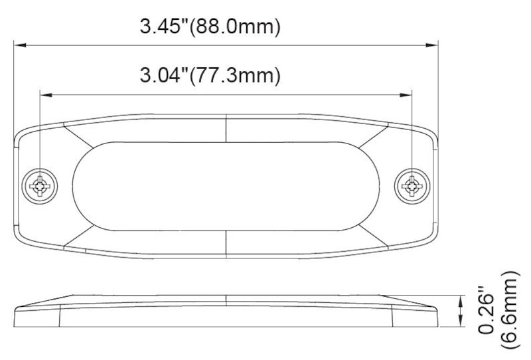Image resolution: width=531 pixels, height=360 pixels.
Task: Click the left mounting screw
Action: (40, 186)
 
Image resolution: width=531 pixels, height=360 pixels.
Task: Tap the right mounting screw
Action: (412, 186)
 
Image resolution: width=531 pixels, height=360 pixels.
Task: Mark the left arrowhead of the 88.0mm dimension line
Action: (20, 45)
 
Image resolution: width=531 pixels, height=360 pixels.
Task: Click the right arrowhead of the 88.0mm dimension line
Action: (433, 45)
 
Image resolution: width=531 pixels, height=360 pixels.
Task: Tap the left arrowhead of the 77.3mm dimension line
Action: (46, 95)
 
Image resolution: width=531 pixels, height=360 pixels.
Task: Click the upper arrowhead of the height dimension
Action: (460, 300)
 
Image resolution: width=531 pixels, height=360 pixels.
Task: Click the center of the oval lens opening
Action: (226, 186)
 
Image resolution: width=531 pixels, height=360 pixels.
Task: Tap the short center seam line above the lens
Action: (226, 127)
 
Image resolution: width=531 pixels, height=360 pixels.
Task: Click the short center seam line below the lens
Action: (226, 244)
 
